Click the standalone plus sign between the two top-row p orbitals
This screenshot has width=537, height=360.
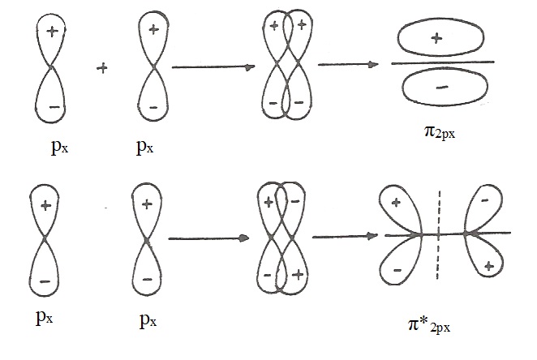(102, 68)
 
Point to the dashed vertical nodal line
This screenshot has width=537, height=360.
(439, 235)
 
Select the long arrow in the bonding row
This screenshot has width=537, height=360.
(213, 68)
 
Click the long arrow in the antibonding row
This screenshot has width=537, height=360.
(208, 238)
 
